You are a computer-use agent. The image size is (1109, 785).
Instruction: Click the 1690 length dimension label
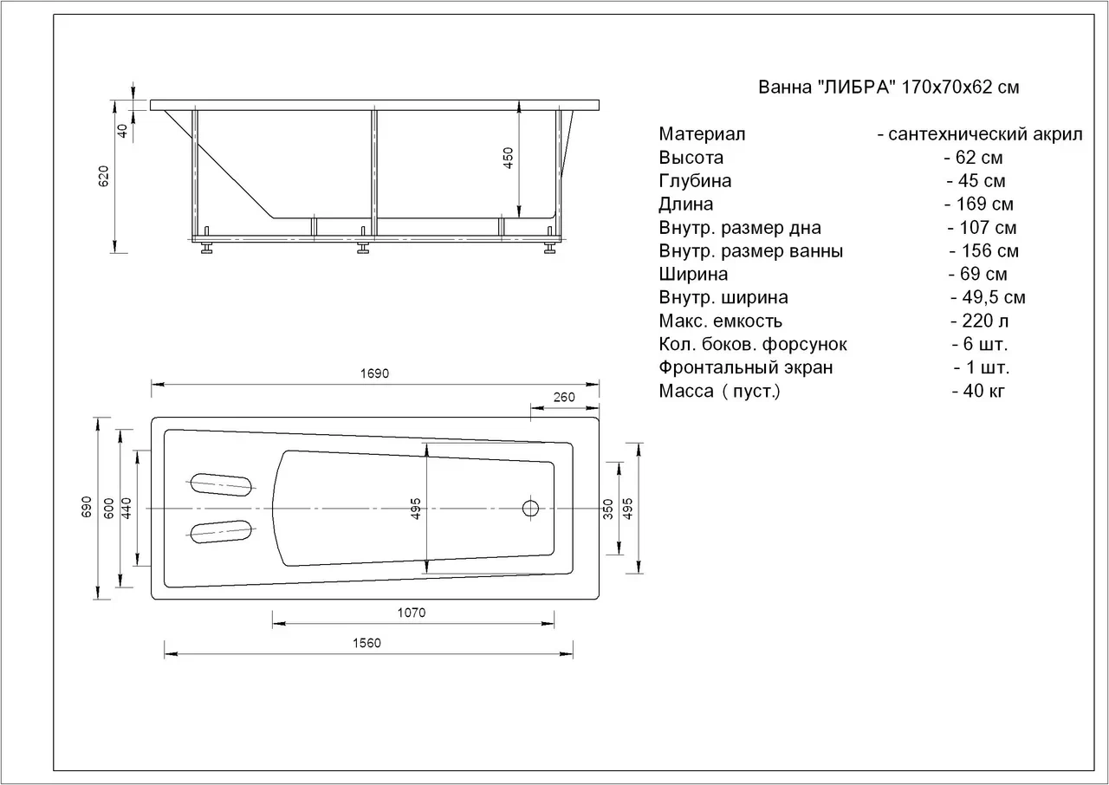[374, 373]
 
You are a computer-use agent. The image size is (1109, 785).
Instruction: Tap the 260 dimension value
[564, 397]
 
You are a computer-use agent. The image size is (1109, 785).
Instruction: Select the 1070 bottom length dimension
[412, 613]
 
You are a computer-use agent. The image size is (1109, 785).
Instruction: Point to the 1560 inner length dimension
[366, 643]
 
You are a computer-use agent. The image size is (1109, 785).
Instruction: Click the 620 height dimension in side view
[104, 176]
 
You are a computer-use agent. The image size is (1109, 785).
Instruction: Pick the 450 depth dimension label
[508, 158]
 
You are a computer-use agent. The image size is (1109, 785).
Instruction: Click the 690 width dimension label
[86, 508]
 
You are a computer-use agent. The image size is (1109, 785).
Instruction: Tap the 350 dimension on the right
[608, 509]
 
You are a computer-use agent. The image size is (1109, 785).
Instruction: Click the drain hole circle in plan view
[531, 509]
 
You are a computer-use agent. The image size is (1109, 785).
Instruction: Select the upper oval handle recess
[221, 483]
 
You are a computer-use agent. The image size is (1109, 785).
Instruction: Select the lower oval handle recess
[221, 531]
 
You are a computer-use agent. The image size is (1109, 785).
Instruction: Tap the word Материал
[702, 134]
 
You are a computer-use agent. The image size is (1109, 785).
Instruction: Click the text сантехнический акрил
[985, 134]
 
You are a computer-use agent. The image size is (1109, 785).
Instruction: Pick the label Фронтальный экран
[746, 367]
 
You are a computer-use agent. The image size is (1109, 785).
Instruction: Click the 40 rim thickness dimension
[122, 130]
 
